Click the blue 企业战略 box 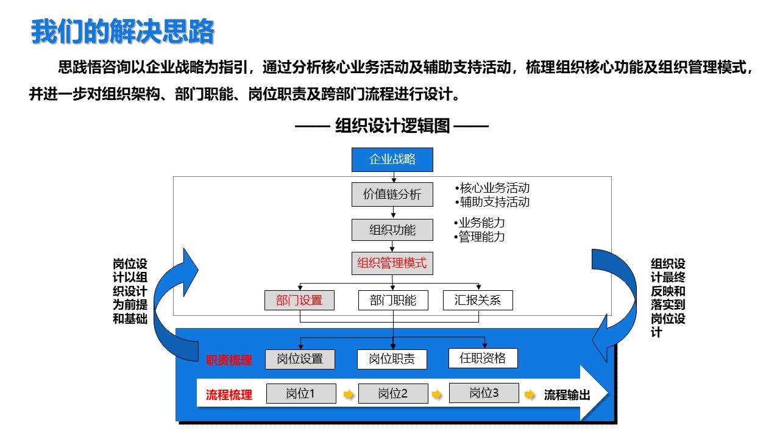[392, 160]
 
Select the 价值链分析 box [392, 195]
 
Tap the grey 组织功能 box [392, 230]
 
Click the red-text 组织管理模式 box [392, 263]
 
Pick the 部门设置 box [299, 301]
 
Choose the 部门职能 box [393, 301]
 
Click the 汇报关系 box [478, 301]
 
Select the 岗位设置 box [300, 359]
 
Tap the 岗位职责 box [392, 359]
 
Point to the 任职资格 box [483, 358]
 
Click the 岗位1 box [301, 394]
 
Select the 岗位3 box [484, 393]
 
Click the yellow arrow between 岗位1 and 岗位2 [348, 394]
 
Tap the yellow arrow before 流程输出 [530, 394]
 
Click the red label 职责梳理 [229, 360]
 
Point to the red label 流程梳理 [229, 394]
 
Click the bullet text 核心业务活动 [492, 188]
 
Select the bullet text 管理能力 [480, 237]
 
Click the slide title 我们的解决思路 [122, 32]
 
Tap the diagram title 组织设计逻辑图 [392, 126]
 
